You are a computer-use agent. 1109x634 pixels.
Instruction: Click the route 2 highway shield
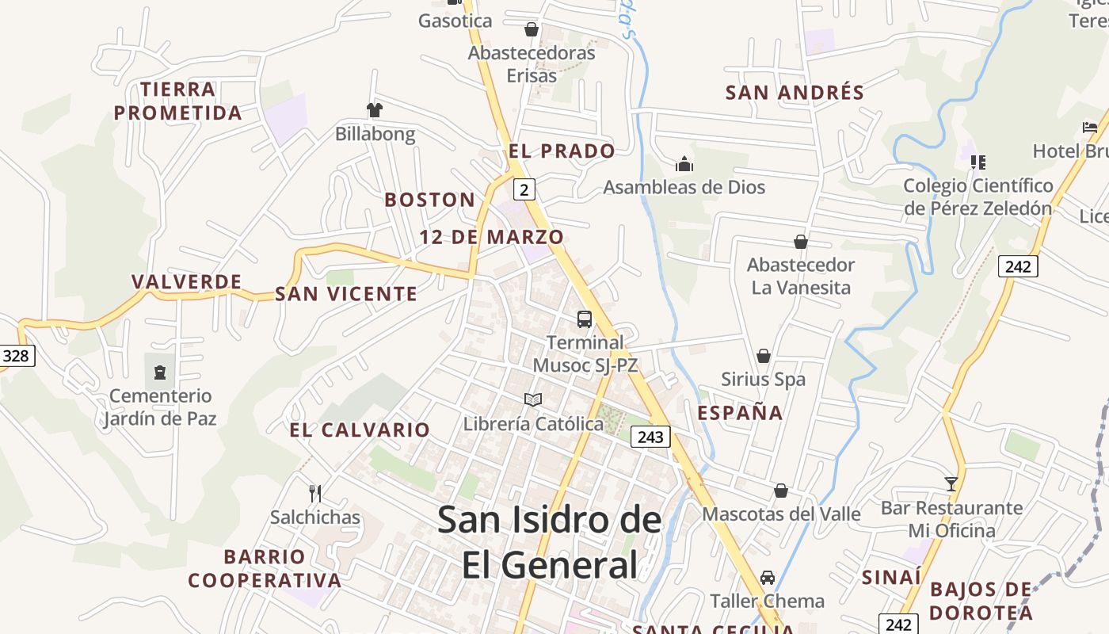(x=524, y=189)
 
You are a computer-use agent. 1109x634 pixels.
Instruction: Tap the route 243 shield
(x=650, y=437)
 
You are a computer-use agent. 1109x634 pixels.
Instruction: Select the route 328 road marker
(x=15, y=356)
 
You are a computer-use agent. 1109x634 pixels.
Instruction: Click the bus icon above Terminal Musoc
(x=585, y=319)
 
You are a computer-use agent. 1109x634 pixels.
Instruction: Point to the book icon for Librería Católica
(x=533, y=400)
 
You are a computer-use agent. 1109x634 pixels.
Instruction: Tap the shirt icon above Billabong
(x=375, y=109)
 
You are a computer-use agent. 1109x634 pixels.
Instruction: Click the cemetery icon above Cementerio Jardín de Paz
(x=160, y=372)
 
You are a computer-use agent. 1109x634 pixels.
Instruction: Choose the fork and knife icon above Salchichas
(x=315, y=494)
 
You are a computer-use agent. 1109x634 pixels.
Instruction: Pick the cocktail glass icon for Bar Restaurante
(x=951, y=483)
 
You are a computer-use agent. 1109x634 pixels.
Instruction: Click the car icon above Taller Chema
(x=767, y=578)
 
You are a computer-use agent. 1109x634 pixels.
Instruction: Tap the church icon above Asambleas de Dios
(x=684, y=164)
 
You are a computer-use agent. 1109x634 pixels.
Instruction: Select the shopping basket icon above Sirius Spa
(x=764, y=356)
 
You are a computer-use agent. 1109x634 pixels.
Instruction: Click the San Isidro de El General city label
(x=550, y=542)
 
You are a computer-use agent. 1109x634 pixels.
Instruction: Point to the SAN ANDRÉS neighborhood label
(x=795, y=93)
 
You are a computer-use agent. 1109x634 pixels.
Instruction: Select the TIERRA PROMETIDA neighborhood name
(x=178, y=101)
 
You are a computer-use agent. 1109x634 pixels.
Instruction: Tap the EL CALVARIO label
(x=360, y=430)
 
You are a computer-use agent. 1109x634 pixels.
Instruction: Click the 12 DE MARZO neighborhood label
(x=491, y=237)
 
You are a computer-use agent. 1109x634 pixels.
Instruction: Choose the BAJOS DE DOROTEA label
(x=981, y=601)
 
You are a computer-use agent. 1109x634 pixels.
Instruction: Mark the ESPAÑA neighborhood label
(x=740, y=413)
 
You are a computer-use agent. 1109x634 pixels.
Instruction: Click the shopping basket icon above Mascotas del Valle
(x=781, y=491)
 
